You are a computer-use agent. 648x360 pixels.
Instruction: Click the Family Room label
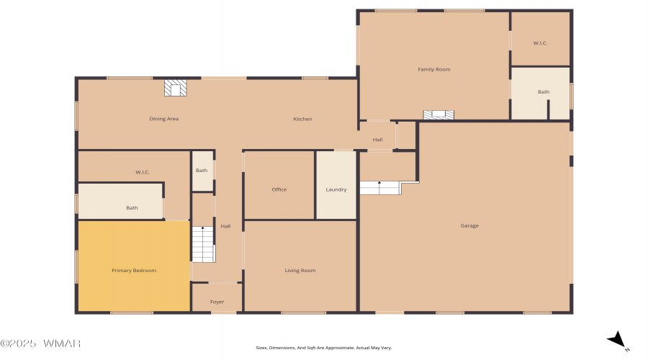click(x=434, y=69)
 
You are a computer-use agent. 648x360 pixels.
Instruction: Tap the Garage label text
click(x=469, y=225)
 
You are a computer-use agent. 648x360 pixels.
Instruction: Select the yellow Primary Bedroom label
click(x=134, y=270)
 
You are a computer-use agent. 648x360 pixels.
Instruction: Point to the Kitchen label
click(x=302, y=119)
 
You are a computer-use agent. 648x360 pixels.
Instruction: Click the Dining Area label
click(x=164, y=119)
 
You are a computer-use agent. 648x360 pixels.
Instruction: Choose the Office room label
click(x=279, y=189)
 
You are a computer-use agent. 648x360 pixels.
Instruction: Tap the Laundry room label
click(x=336, y=189)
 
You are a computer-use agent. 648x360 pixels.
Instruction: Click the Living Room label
click(x=300, y=270)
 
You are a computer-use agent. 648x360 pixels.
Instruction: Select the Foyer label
click(x=217, y=302)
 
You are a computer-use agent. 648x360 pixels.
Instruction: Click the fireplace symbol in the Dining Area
click(x=175, y=88)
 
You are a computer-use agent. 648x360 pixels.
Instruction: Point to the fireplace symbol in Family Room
click(x=438, y=115)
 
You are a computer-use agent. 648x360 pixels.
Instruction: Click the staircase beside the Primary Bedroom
click(x=203, y=244)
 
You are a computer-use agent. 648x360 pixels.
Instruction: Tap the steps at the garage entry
click(x=380, y=188)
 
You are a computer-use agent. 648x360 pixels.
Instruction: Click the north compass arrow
click(x=618, y=340)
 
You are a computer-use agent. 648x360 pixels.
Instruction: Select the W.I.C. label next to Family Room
click(x=540, y=43)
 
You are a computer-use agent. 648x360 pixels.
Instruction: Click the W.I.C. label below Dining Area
click(x=143, y=172)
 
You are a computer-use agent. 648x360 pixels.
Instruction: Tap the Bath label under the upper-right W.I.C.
click(x=544, y=91)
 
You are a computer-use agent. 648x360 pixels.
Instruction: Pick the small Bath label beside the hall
click(x=202, y=171)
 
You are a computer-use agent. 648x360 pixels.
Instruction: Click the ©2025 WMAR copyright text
click(x=40, y=343)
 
